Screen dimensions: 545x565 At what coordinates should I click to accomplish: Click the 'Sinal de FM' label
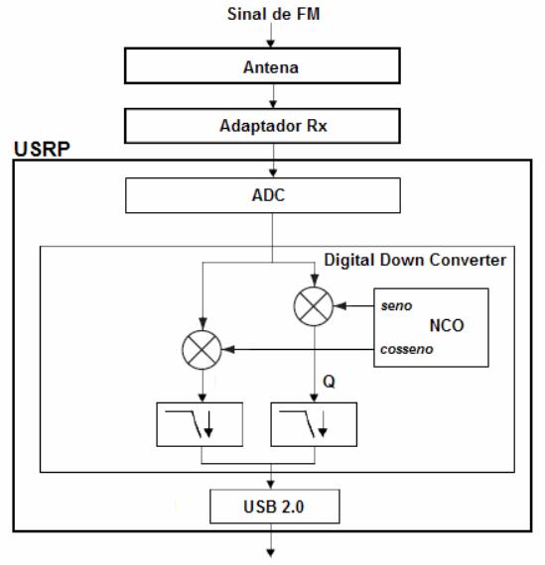[x=273, y=14]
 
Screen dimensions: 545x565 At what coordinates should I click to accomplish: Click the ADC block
[x=263, y=195]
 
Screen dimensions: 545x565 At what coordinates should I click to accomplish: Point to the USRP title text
[x=42, y=149]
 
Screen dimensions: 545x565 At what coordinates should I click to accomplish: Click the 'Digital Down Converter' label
[x=415, y=260]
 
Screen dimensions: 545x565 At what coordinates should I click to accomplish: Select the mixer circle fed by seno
[x=314, y=306]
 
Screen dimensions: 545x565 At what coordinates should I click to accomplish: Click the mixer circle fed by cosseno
[x=202, y=350]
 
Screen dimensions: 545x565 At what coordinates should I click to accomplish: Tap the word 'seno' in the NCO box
[x=396, y=306]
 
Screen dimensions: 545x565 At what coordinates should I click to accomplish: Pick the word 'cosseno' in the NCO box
[x=406, y=349]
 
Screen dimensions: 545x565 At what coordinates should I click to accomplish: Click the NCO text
[x=447, y=325]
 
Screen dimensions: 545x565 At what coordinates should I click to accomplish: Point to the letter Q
[x=329, y=382]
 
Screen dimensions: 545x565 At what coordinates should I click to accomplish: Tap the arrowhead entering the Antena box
[x=271, y=43]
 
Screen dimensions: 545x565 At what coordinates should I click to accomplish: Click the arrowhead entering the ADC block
[x=273, y=172]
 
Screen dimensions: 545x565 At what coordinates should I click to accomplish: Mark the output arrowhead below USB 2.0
[x=271, y=552]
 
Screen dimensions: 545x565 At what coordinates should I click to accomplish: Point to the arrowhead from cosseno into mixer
[x=228, y=350]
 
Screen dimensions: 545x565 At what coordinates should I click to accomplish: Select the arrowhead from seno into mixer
[x=340, y=306]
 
